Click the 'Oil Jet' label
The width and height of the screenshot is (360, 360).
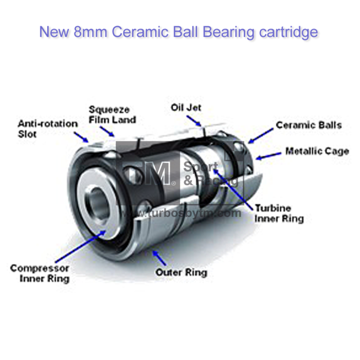point(186,107)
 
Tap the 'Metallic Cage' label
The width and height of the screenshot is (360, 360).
point(317,151)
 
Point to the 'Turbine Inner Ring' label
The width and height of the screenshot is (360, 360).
point(279,213)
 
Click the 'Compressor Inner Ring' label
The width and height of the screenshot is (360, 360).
point(40,274)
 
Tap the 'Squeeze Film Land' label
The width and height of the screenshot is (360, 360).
point(112,115)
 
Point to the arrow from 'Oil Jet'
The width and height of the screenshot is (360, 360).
point(194,120)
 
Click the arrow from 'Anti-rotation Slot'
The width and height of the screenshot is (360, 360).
point(81,136)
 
